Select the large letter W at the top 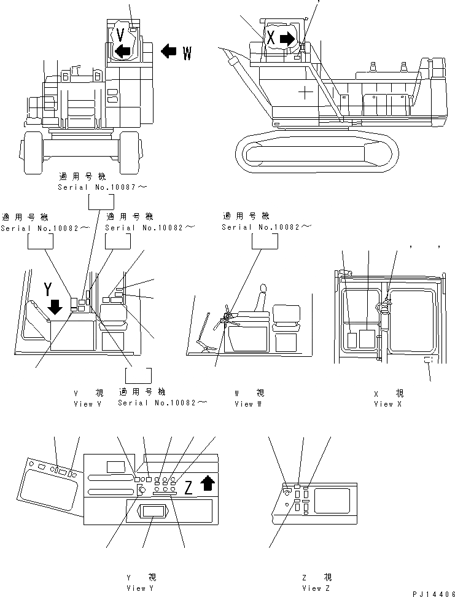(x=187, y=53)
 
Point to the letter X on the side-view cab (x=271, y=37)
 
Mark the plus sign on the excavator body (x=305, y=93)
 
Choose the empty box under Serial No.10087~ (x=101, y=203)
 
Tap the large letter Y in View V (x=48, y=288)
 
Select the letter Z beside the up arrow (x=189, y=488)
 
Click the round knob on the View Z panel (x=287, y=491)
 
